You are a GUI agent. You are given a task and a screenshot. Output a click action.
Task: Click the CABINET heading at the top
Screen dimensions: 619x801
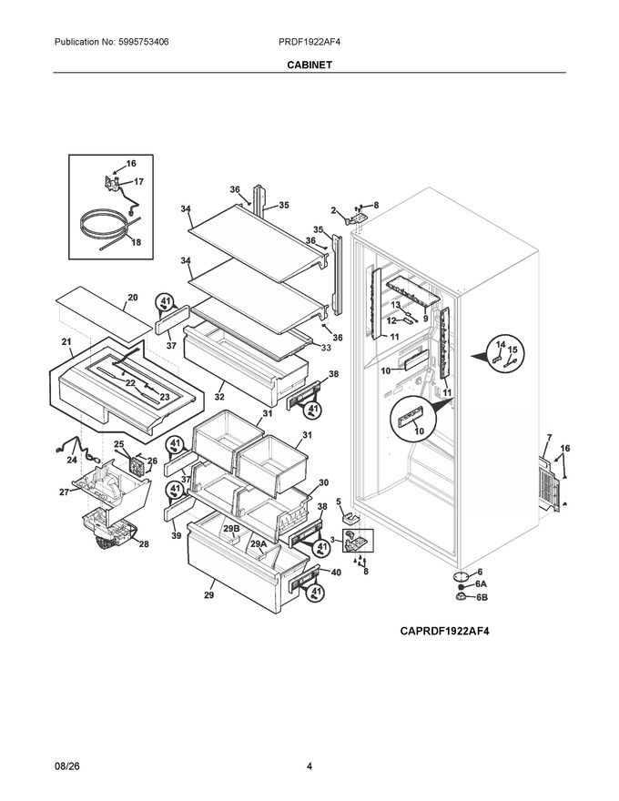click(x=309, y=65)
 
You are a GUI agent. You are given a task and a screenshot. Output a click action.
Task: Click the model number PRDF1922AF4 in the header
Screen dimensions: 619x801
click(x=309, y=42)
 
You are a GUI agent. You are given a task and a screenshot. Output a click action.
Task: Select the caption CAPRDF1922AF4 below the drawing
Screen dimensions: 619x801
click(x=444, y=631)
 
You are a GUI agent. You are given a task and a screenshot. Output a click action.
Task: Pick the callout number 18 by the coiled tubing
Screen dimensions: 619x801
click(x=136, y=242)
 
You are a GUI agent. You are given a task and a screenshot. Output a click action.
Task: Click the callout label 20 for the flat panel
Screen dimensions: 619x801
click(x=132, y=298)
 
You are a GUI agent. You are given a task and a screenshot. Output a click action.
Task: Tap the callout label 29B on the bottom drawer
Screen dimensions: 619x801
click(x=231, y=528)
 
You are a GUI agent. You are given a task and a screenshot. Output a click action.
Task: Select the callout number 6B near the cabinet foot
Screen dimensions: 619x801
click(x=482, y=597)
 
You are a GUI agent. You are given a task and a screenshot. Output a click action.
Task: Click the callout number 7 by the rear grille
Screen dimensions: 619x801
click(x=549, y=437)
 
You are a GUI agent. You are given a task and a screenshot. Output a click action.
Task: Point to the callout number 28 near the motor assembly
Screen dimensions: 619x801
click(x=144, y=544)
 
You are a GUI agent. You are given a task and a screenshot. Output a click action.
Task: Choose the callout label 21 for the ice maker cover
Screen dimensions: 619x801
click(x=66, y=341)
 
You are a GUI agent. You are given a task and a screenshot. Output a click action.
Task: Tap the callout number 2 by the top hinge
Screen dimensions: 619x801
click(x=333, y=210)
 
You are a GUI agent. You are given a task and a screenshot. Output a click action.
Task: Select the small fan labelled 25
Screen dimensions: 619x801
click(x=136, y=466)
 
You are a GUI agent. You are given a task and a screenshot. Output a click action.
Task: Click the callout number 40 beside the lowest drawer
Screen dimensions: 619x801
click(x=336, y=573)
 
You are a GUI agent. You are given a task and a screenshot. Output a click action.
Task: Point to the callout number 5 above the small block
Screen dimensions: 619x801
click(x=338, y=502)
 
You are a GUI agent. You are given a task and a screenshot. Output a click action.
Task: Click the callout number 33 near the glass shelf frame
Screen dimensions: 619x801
click(x=325, y=348)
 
